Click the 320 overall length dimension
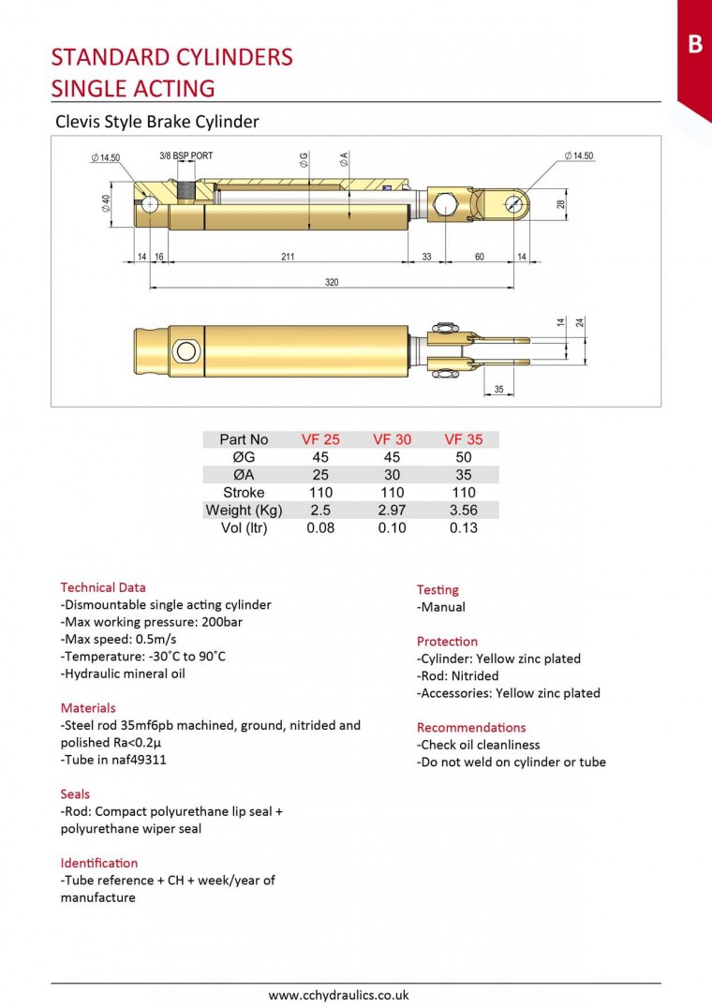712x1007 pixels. coord(332,282)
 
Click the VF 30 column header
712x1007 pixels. coord(392,439)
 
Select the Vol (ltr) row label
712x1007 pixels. coord(244,528)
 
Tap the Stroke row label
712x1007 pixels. coord(244,493)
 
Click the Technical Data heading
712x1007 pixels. coord(103,587)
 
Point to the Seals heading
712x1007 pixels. coord(75,794)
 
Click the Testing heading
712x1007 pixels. coord(438,590)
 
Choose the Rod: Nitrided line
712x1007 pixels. coord(458,676)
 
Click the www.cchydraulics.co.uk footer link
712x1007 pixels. coord(338,996)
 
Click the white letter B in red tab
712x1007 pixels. coord(694,44)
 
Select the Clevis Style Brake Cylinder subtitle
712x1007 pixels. coord(157,122)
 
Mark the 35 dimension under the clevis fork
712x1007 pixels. coord(498,389)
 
